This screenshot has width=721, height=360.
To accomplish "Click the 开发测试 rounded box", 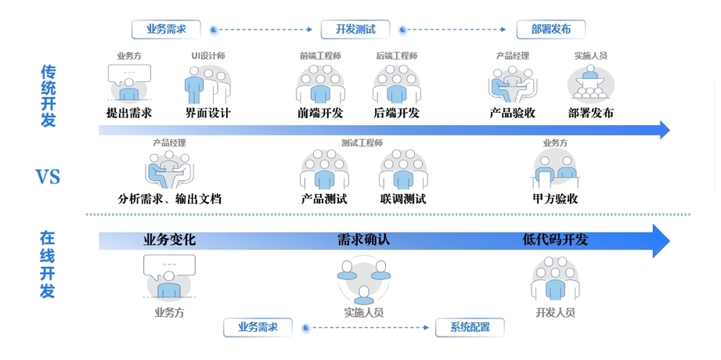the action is tap(355, 30).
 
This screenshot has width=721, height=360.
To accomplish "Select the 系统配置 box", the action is tap(470, 327).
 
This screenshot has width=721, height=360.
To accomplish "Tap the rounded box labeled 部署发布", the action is tap(551, 30).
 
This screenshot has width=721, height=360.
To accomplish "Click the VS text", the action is tap(48, 177).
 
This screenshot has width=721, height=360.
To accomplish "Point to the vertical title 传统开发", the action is tap(48, 95).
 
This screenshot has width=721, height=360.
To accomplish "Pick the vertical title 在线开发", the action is tap(48, 265).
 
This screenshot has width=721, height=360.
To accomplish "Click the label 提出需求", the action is tap(128, 113).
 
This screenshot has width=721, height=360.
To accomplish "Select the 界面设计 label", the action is tap(207, 113).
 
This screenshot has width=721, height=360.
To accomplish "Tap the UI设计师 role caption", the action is tap(207, 56).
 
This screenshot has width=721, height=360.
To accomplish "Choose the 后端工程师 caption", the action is tap(396, 56).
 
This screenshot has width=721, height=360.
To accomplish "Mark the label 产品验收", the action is tap(512, 113).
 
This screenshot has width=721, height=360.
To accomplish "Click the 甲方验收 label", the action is tap(555, 199).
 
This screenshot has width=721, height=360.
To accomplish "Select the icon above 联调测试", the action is tap(403, 170).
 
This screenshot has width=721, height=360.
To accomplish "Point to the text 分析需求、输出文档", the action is tap(169, 199).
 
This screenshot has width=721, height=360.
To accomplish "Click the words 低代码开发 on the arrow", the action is tap(555, 239).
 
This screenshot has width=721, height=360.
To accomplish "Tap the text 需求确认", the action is tap(364, 239).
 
